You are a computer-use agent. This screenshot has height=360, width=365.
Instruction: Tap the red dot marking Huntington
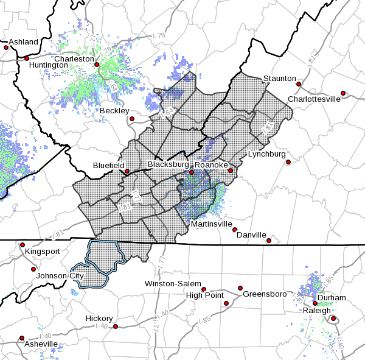point(27,58)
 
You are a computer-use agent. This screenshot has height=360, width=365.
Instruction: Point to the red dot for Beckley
point(132,118)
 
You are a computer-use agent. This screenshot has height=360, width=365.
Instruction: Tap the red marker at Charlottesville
point(343,93)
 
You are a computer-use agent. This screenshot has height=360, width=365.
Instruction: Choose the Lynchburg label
point(266,154)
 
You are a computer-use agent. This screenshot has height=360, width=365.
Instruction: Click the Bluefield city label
point(109,165)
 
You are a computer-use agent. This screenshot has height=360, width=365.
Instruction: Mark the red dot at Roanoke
point(191,172)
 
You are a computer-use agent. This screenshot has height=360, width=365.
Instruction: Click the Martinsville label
point(212,224)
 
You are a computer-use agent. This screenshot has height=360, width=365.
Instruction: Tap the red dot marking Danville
point(269,241)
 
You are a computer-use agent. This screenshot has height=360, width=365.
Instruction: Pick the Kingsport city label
point(43,250)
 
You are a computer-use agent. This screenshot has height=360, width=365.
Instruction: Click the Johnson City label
point(60,275)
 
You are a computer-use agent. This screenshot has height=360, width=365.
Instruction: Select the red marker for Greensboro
point(240,288)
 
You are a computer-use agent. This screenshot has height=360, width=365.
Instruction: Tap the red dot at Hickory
point(115,326)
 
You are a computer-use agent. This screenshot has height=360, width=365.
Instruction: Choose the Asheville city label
point(41,344)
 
